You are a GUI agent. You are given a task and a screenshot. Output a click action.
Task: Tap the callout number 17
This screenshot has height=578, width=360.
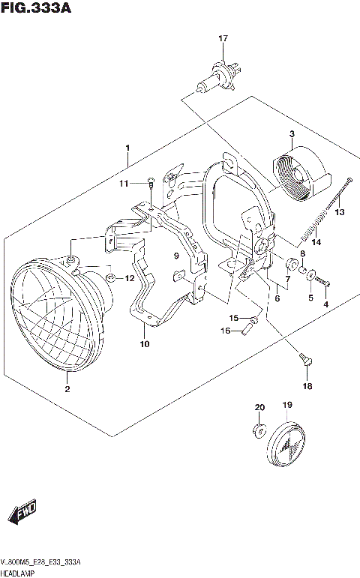click(x=223, y=38)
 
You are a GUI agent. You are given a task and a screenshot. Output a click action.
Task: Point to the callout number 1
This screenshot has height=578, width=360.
click(x=127, y=147)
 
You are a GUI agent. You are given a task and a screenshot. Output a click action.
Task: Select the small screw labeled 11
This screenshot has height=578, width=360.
click(x=151, y=181)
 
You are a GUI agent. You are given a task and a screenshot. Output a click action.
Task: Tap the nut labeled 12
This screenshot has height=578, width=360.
click(x=110, y=279)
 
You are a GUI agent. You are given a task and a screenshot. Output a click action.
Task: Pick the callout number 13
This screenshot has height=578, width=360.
click(x=339, y=213)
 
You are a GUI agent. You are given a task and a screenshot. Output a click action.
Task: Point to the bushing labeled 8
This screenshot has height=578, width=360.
click(x=291, y=265)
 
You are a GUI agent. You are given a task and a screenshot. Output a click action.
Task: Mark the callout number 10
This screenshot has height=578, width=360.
click(x=144, y=345)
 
